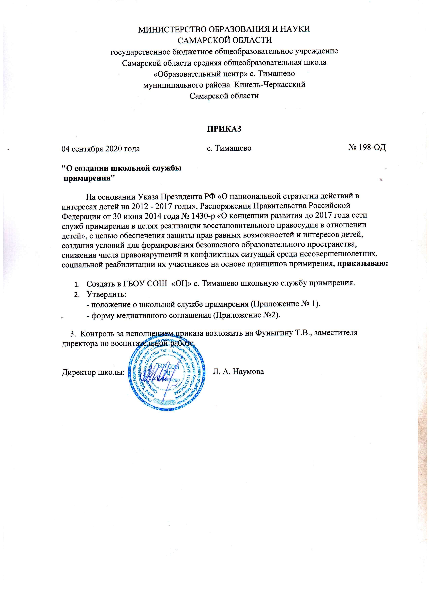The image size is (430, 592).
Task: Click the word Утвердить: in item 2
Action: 106,294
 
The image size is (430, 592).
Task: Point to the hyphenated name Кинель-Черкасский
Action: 270,84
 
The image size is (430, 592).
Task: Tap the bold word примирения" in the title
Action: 89,179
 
